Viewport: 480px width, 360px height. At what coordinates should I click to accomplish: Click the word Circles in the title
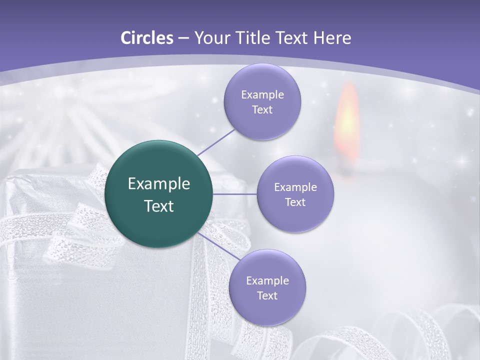pyautogui.click(x=146, y=38)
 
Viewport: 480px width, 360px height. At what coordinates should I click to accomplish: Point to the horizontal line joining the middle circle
pyautogui.click(x=235, y=194)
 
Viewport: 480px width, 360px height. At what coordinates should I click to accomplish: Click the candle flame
pyautogui.click(x=348, y=120)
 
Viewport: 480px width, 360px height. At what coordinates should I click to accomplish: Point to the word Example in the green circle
pyautogui.click(x=159, y=183)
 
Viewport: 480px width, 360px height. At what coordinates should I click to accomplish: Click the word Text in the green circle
pyautogui.click(x=159, y=206)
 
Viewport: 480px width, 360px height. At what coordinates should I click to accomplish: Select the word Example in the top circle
pyautogui.click(x=262, y=94)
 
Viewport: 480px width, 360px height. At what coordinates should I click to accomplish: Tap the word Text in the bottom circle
pyautogui.click(x=267, y=295)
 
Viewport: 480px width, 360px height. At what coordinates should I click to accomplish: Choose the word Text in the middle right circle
pyautogui.click(x=295, y=202)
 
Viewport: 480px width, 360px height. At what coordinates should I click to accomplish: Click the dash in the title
pyautogui.click(x=183, y=38)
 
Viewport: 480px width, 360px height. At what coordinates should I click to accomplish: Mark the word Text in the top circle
pyautogui.click(x=262, y=109)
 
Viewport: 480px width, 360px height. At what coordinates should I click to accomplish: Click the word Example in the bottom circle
pyautogui.click(x=267, y=280)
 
